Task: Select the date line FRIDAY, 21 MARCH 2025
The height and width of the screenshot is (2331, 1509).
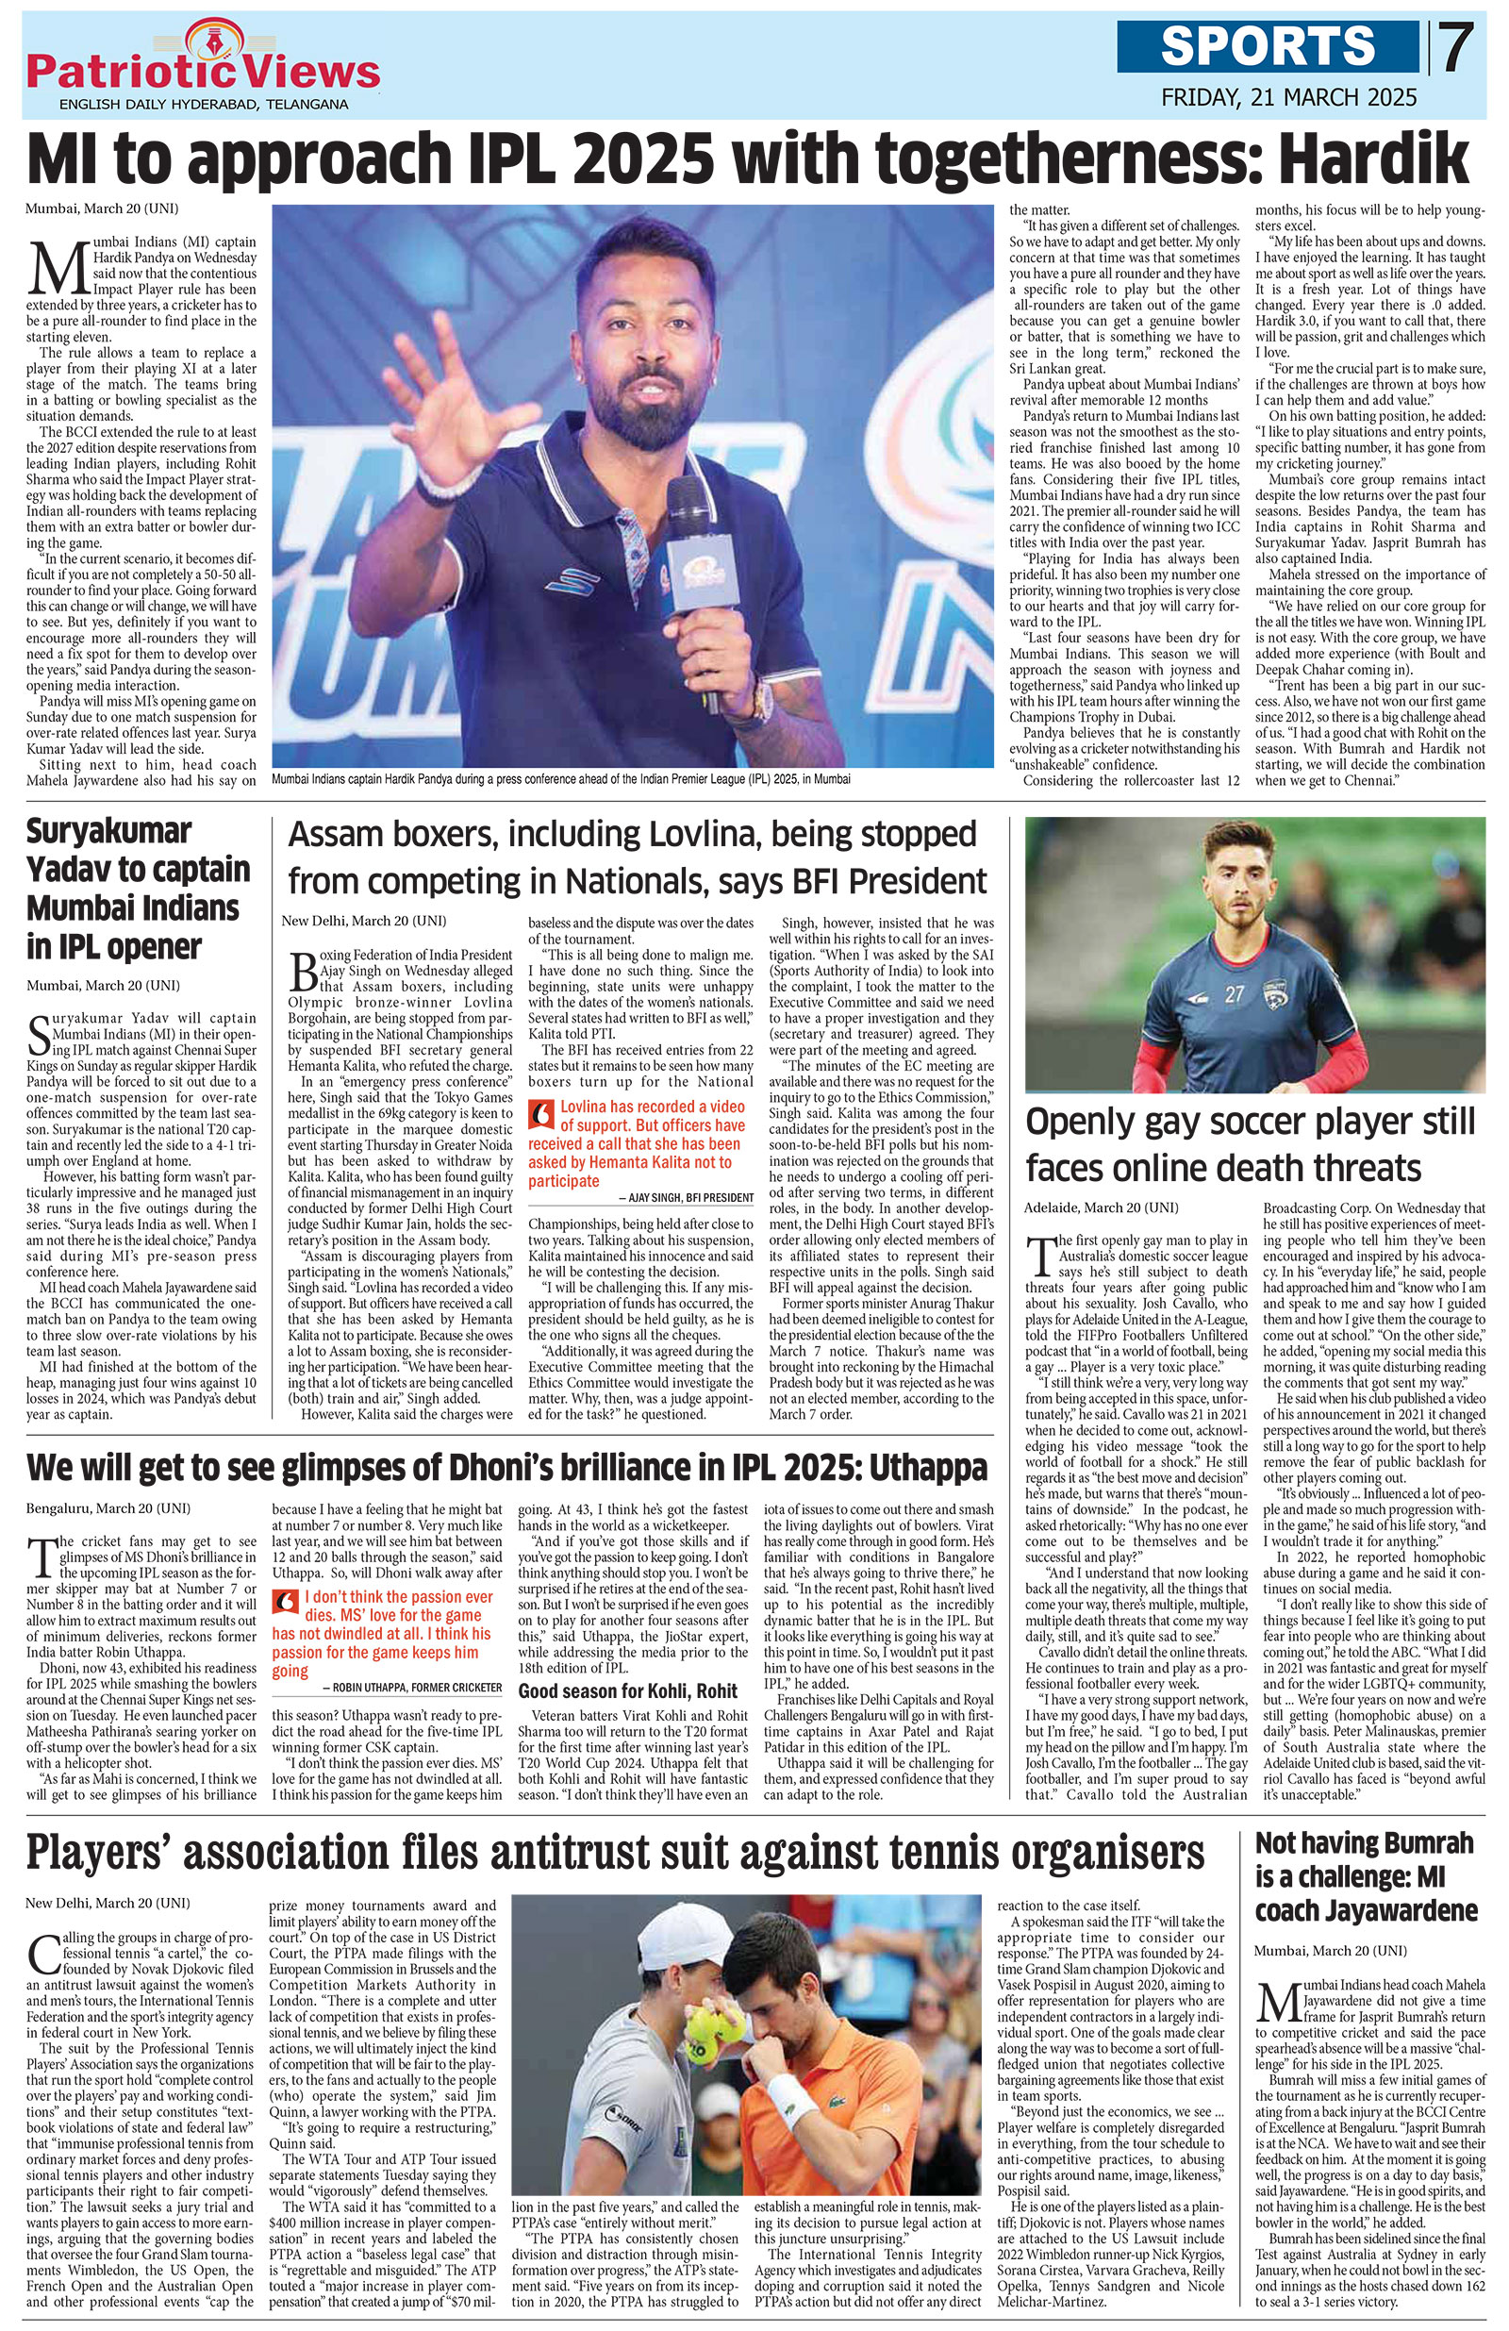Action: tap(1288, 98)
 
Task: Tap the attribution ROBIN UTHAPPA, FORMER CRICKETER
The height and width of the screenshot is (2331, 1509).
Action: tap(411, 1689)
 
